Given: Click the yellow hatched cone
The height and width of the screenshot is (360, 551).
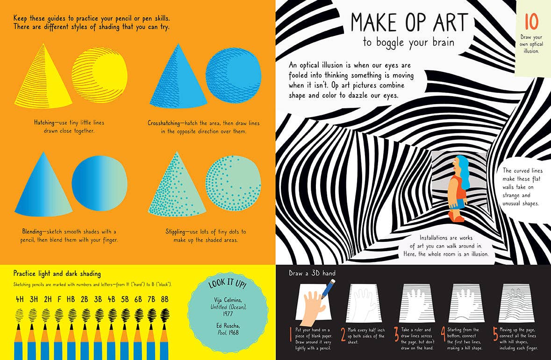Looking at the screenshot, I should tap(43, 79).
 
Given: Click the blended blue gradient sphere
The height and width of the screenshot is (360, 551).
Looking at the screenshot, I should tap(99, 182).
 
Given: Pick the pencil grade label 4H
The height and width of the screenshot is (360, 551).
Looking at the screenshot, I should tap(20, 299).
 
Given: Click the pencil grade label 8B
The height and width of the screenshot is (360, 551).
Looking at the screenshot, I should tap(165, 299).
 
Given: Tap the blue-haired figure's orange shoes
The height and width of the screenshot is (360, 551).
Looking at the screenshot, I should tap(456, 216).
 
